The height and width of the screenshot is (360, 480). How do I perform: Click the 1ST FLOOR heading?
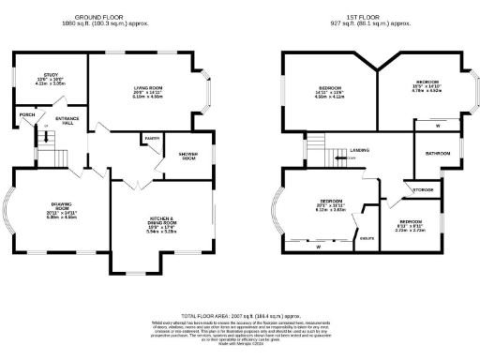point(357,18)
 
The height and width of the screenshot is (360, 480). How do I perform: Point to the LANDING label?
point(359,149)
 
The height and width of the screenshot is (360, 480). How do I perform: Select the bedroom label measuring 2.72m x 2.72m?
point(416,224)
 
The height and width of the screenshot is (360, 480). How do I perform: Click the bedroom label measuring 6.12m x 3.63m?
point(330,205)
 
